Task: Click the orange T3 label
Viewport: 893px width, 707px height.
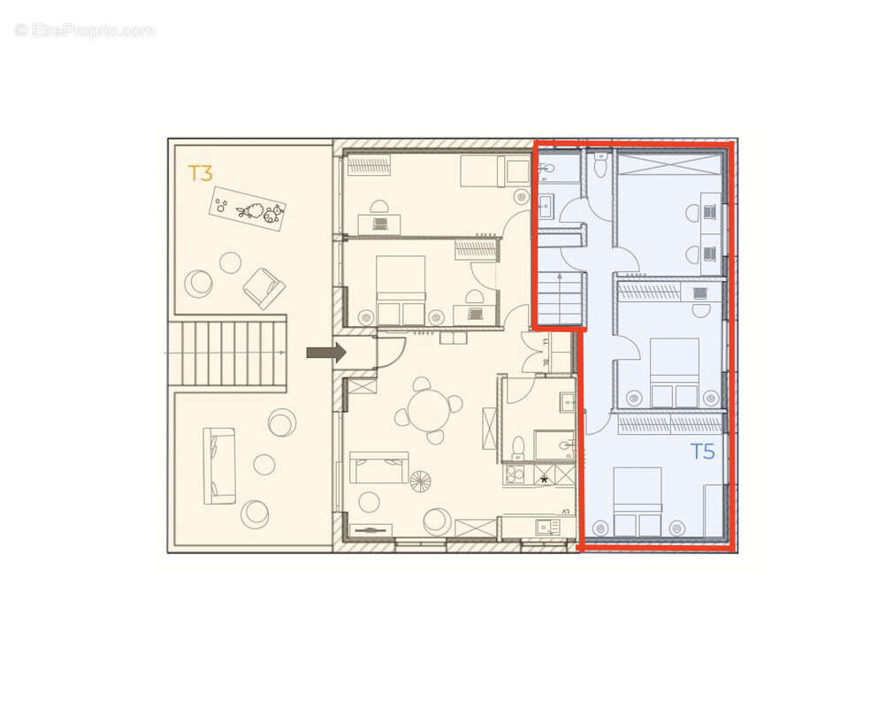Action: [x=201, y=172]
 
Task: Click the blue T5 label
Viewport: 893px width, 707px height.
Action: [x=702, y=452]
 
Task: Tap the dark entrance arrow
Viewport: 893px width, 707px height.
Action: [x=325, y=353]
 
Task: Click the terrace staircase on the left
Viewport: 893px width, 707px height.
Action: [x=228, y=353]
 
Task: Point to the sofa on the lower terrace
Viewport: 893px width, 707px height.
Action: [x=219, y=466]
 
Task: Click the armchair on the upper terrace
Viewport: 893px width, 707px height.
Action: [x=263, y=288]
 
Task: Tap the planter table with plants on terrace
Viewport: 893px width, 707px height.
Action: [x=248, y=209]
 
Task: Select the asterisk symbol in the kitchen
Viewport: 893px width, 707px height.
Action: [x=544, y=479]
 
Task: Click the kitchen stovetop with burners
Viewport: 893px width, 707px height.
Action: [x=514, y=475]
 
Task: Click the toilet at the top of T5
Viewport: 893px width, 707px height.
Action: [x=601, y=165]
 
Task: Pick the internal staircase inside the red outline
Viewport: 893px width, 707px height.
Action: [x=559, y=298]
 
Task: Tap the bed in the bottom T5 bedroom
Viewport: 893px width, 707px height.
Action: [x=637, y=501]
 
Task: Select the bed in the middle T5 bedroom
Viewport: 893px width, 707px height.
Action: [x=675, y=371]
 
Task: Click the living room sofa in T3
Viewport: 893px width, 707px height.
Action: [x=378, y=467]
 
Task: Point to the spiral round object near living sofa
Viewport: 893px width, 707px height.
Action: [x=420, y=482]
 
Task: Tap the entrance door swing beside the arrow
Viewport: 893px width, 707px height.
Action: [x=390, y=352]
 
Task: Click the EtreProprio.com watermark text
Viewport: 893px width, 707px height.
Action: [x=85, y=30]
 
